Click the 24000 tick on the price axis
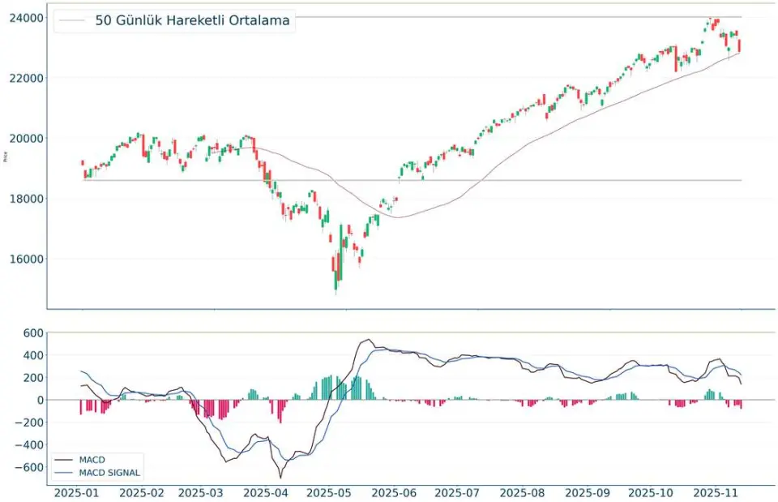(26, 17)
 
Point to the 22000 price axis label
(26, 78)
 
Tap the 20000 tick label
(26, 138)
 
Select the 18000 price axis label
(26, 199)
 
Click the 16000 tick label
(26, 260)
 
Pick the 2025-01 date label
(77, 491)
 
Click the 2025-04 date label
(267, 491)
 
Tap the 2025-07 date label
(457, 491)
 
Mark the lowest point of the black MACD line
(280, 478)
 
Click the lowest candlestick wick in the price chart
(336, 293)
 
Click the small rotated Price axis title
(6, 159)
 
